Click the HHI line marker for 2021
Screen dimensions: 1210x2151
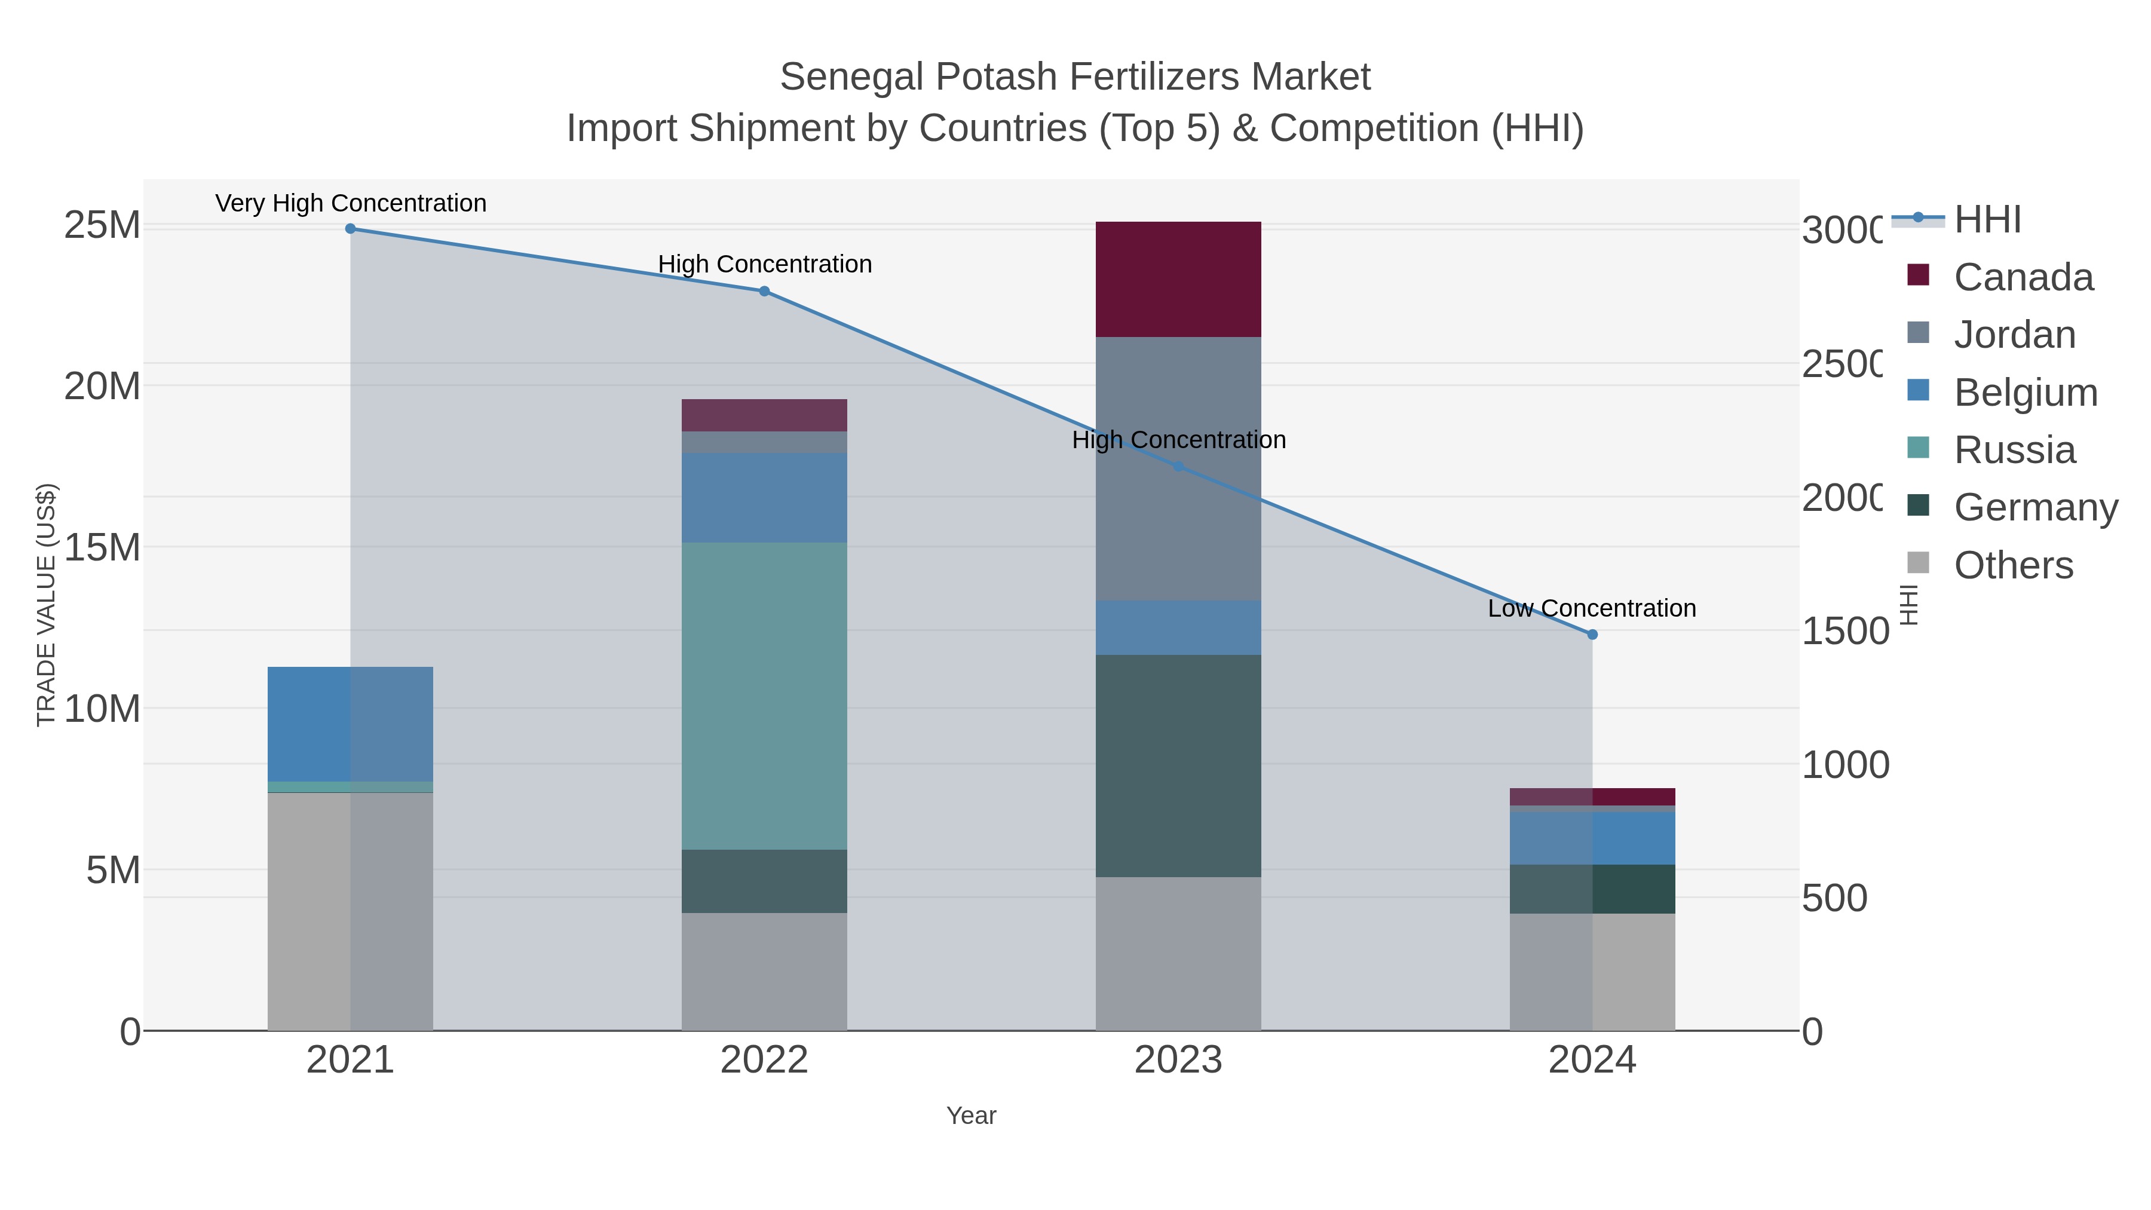coord(350,229)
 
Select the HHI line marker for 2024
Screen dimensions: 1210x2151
coord(1592,635)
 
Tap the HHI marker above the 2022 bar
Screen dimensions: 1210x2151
coord(764,292)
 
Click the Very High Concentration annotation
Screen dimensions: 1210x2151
coord(351,203)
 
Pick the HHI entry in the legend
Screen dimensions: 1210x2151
coord(1987,220)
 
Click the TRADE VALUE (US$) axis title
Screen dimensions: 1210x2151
coord(46,605)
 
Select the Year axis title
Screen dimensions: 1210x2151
coord(970,1116)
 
